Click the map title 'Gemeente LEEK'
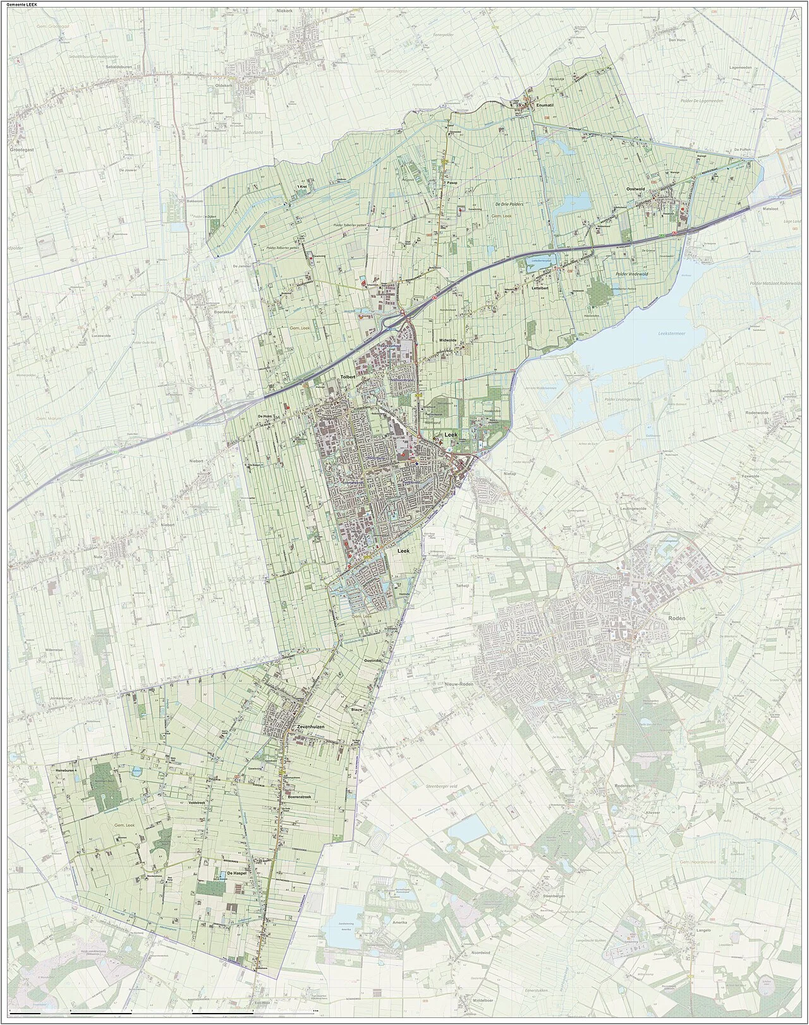click(21, 5)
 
